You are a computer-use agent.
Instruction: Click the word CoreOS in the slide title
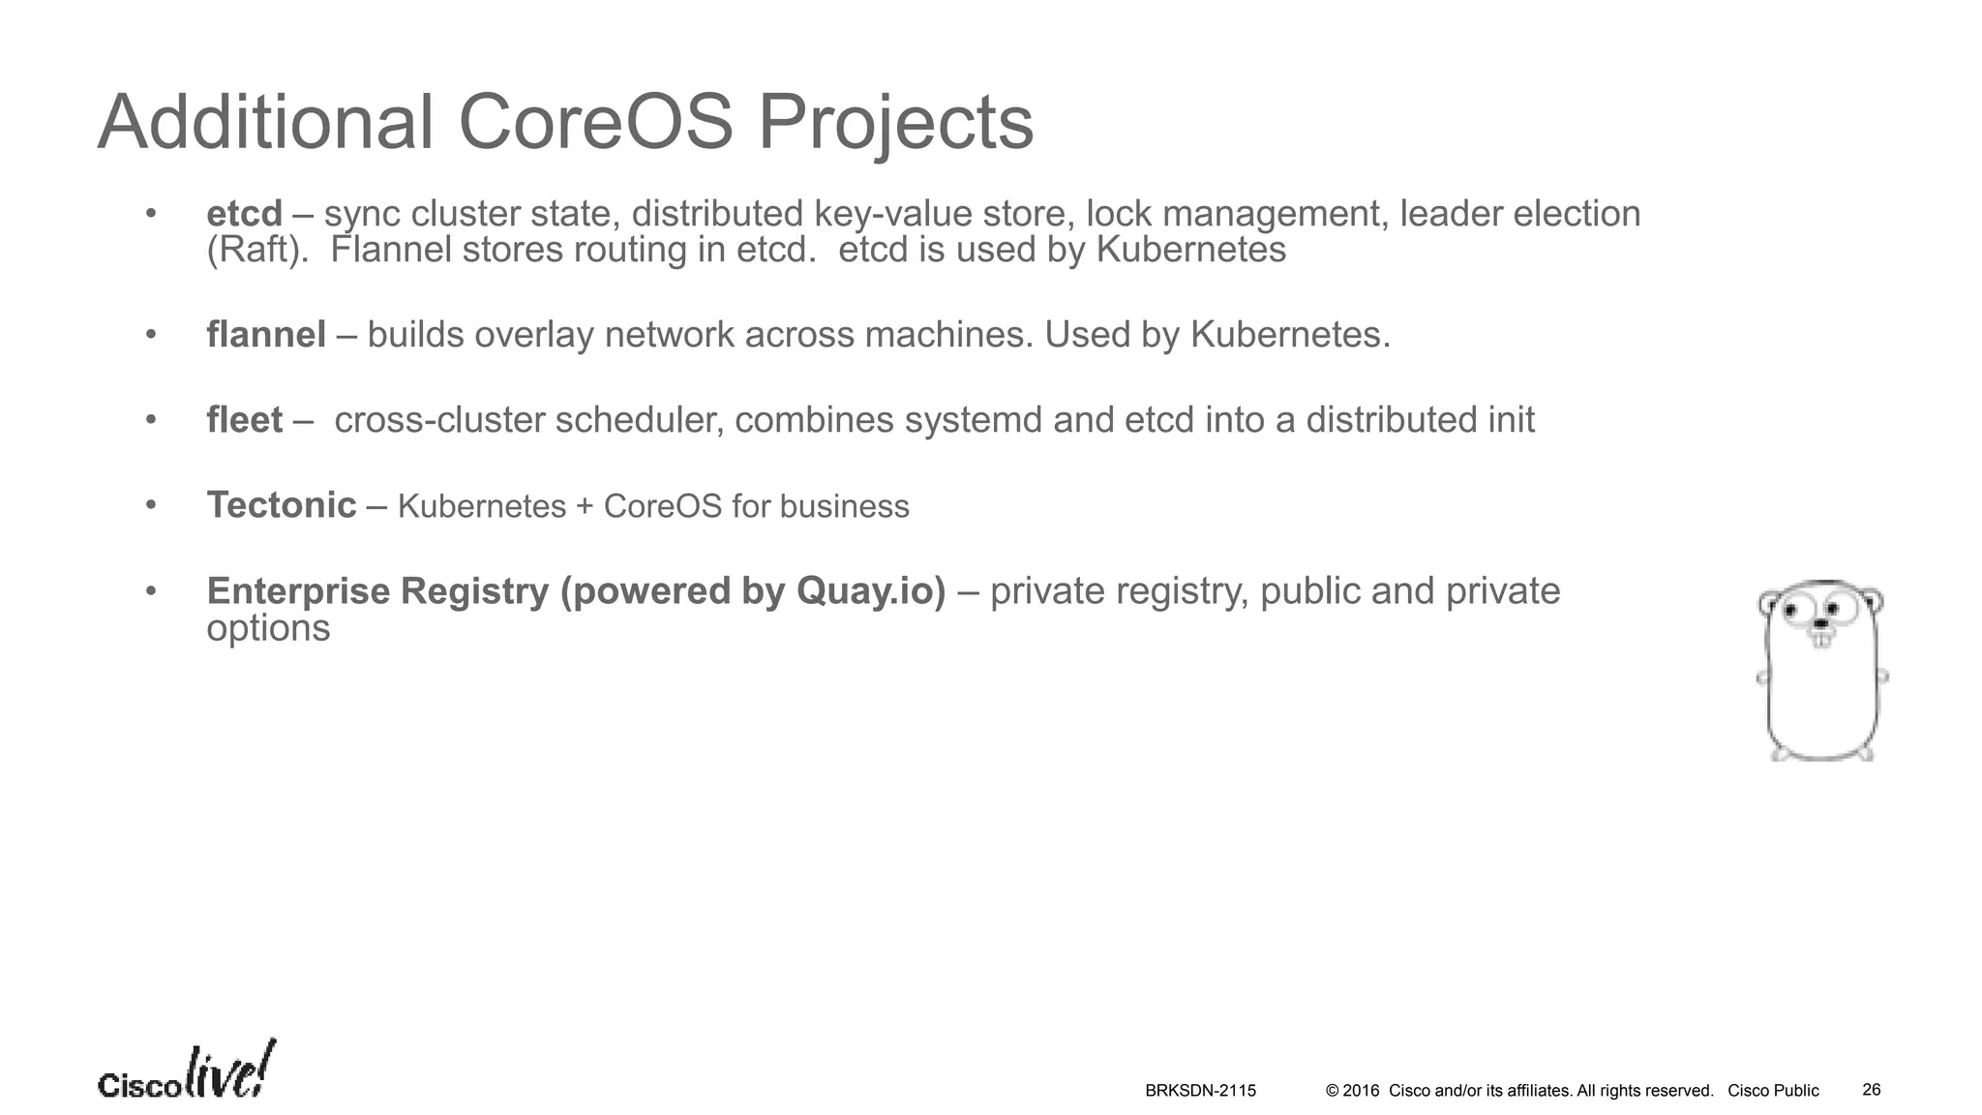594,123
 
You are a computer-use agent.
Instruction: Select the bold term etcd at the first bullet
244,214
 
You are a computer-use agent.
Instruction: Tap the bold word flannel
266,335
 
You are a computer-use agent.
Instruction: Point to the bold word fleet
244,420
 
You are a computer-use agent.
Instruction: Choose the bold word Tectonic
282,505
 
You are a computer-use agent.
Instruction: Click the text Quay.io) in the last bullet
870,591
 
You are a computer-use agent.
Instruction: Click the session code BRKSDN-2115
1200,1091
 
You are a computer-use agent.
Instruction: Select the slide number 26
1872,1090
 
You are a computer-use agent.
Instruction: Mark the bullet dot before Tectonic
151,505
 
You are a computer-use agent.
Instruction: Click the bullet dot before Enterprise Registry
151,590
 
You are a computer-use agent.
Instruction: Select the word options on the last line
268,629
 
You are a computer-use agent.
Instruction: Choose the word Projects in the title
894,123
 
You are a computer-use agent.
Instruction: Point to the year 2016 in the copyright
1361,1091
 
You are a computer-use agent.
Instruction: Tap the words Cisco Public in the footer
1773,1091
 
